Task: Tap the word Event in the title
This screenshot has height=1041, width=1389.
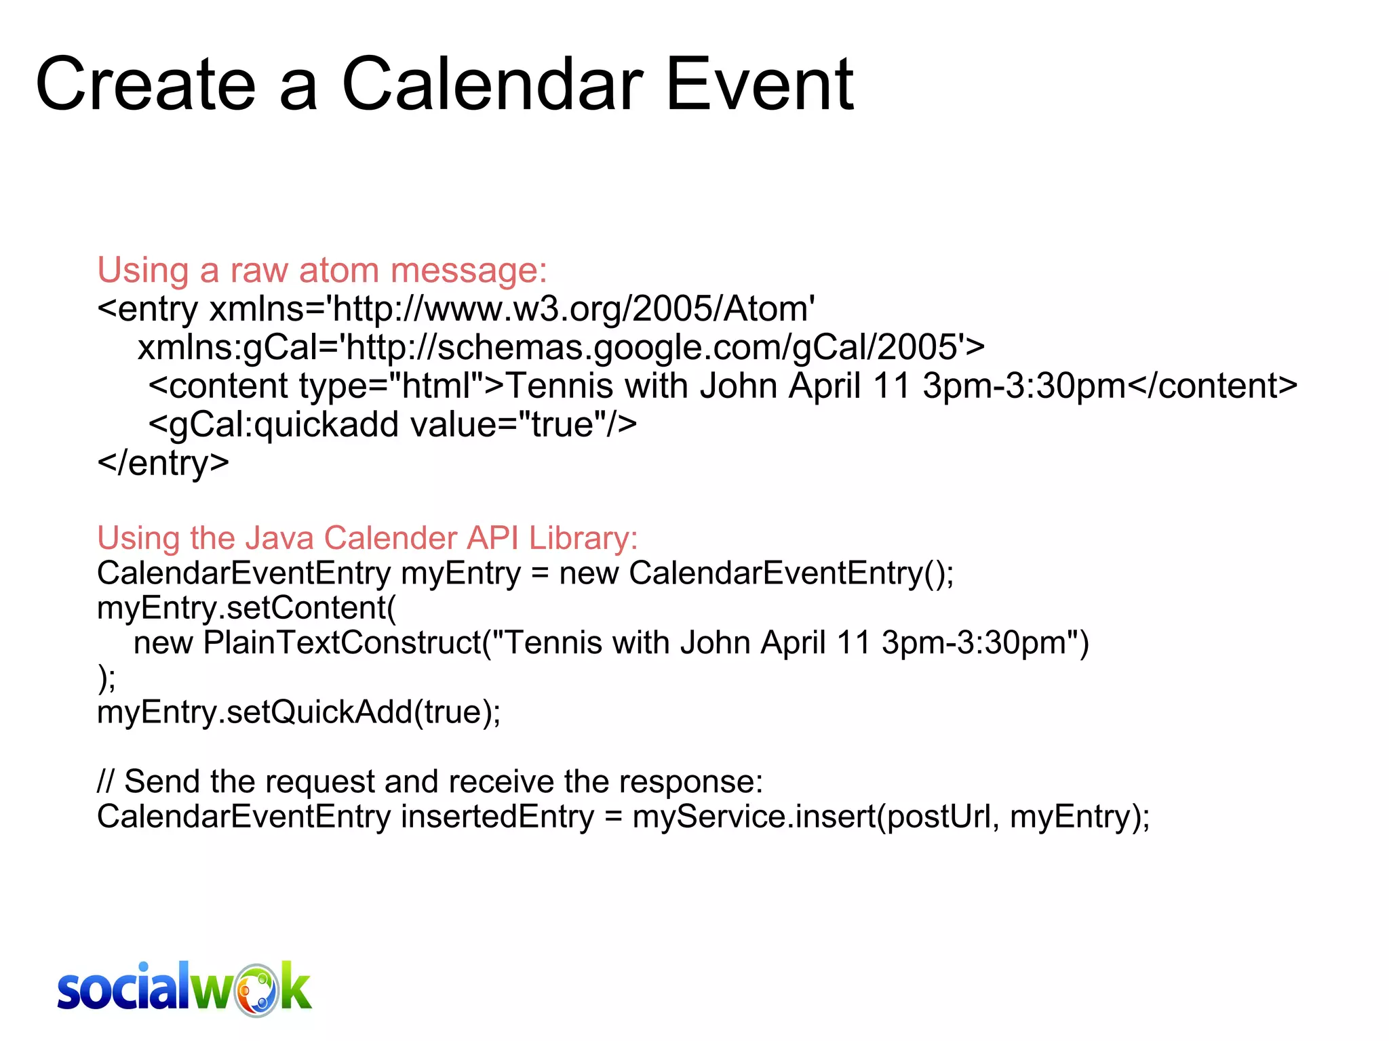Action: pyautogui.click(x=759, y=85)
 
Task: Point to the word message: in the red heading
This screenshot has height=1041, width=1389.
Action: pyautogui.click(x=469, y=270)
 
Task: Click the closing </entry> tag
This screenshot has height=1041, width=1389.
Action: pyautogui.click(x=163, y=464)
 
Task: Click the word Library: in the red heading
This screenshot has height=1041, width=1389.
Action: pyautogui.click(x=583, y=538)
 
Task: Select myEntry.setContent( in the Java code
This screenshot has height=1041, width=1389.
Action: pyautogui.click(x=247, y=608)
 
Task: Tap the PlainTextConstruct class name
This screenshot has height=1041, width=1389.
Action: pyautogui.click(x=342, y=642)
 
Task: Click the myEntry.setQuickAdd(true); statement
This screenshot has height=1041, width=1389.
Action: pyautogui.click(x=299, y=712)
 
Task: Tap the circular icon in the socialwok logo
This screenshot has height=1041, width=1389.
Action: pyautogui.click(x=256, y=990)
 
